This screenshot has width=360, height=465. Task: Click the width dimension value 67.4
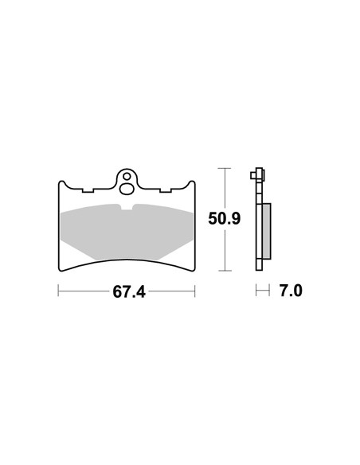[x=129, y=291]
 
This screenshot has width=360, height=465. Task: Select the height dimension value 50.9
[x=224, y=219]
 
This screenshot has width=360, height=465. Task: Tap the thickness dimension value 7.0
[x=291, y=291]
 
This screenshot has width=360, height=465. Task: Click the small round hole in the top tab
[x=127, y=177]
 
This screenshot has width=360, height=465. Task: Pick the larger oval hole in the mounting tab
[x=127, y=189]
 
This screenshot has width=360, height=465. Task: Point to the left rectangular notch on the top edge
[x=88, y=190]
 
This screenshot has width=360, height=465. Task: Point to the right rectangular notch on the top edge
[x=166, y=190]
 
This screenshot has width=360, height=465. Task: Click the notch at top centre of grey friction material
[x=127, y=207]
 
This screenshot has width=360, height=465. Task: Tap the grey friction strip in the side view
[x=267, y=231]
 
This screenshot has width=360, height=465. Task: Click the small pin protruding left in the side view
[x=253, y=175]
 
